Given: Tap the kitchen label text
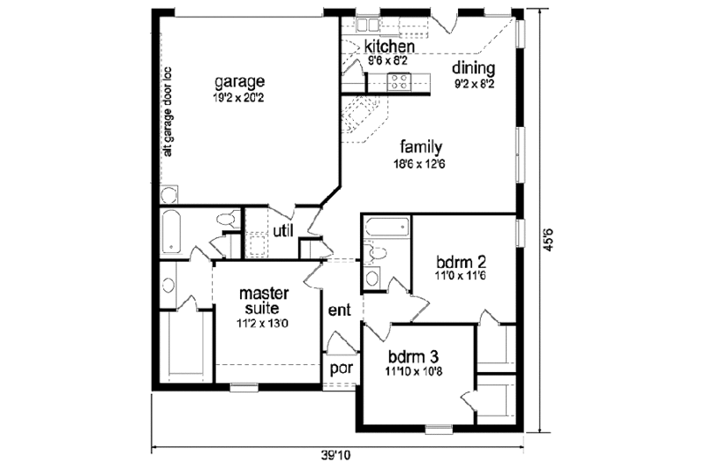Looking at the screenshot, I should (388, 46).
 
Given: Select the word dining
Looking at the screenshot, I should (474, 69).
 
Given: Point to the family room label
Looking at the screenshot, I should (419, 146).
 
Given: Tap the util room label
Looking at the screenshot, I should (282, 231).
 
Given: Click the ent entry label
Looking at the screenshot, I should (340, 310).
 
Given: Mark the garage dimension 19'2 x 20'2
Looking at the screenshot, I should (238, 98).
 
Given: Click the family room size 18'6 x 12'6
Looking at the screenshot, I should (419, 162).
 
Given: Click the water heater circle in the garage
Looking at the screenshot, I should (168, 194).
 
